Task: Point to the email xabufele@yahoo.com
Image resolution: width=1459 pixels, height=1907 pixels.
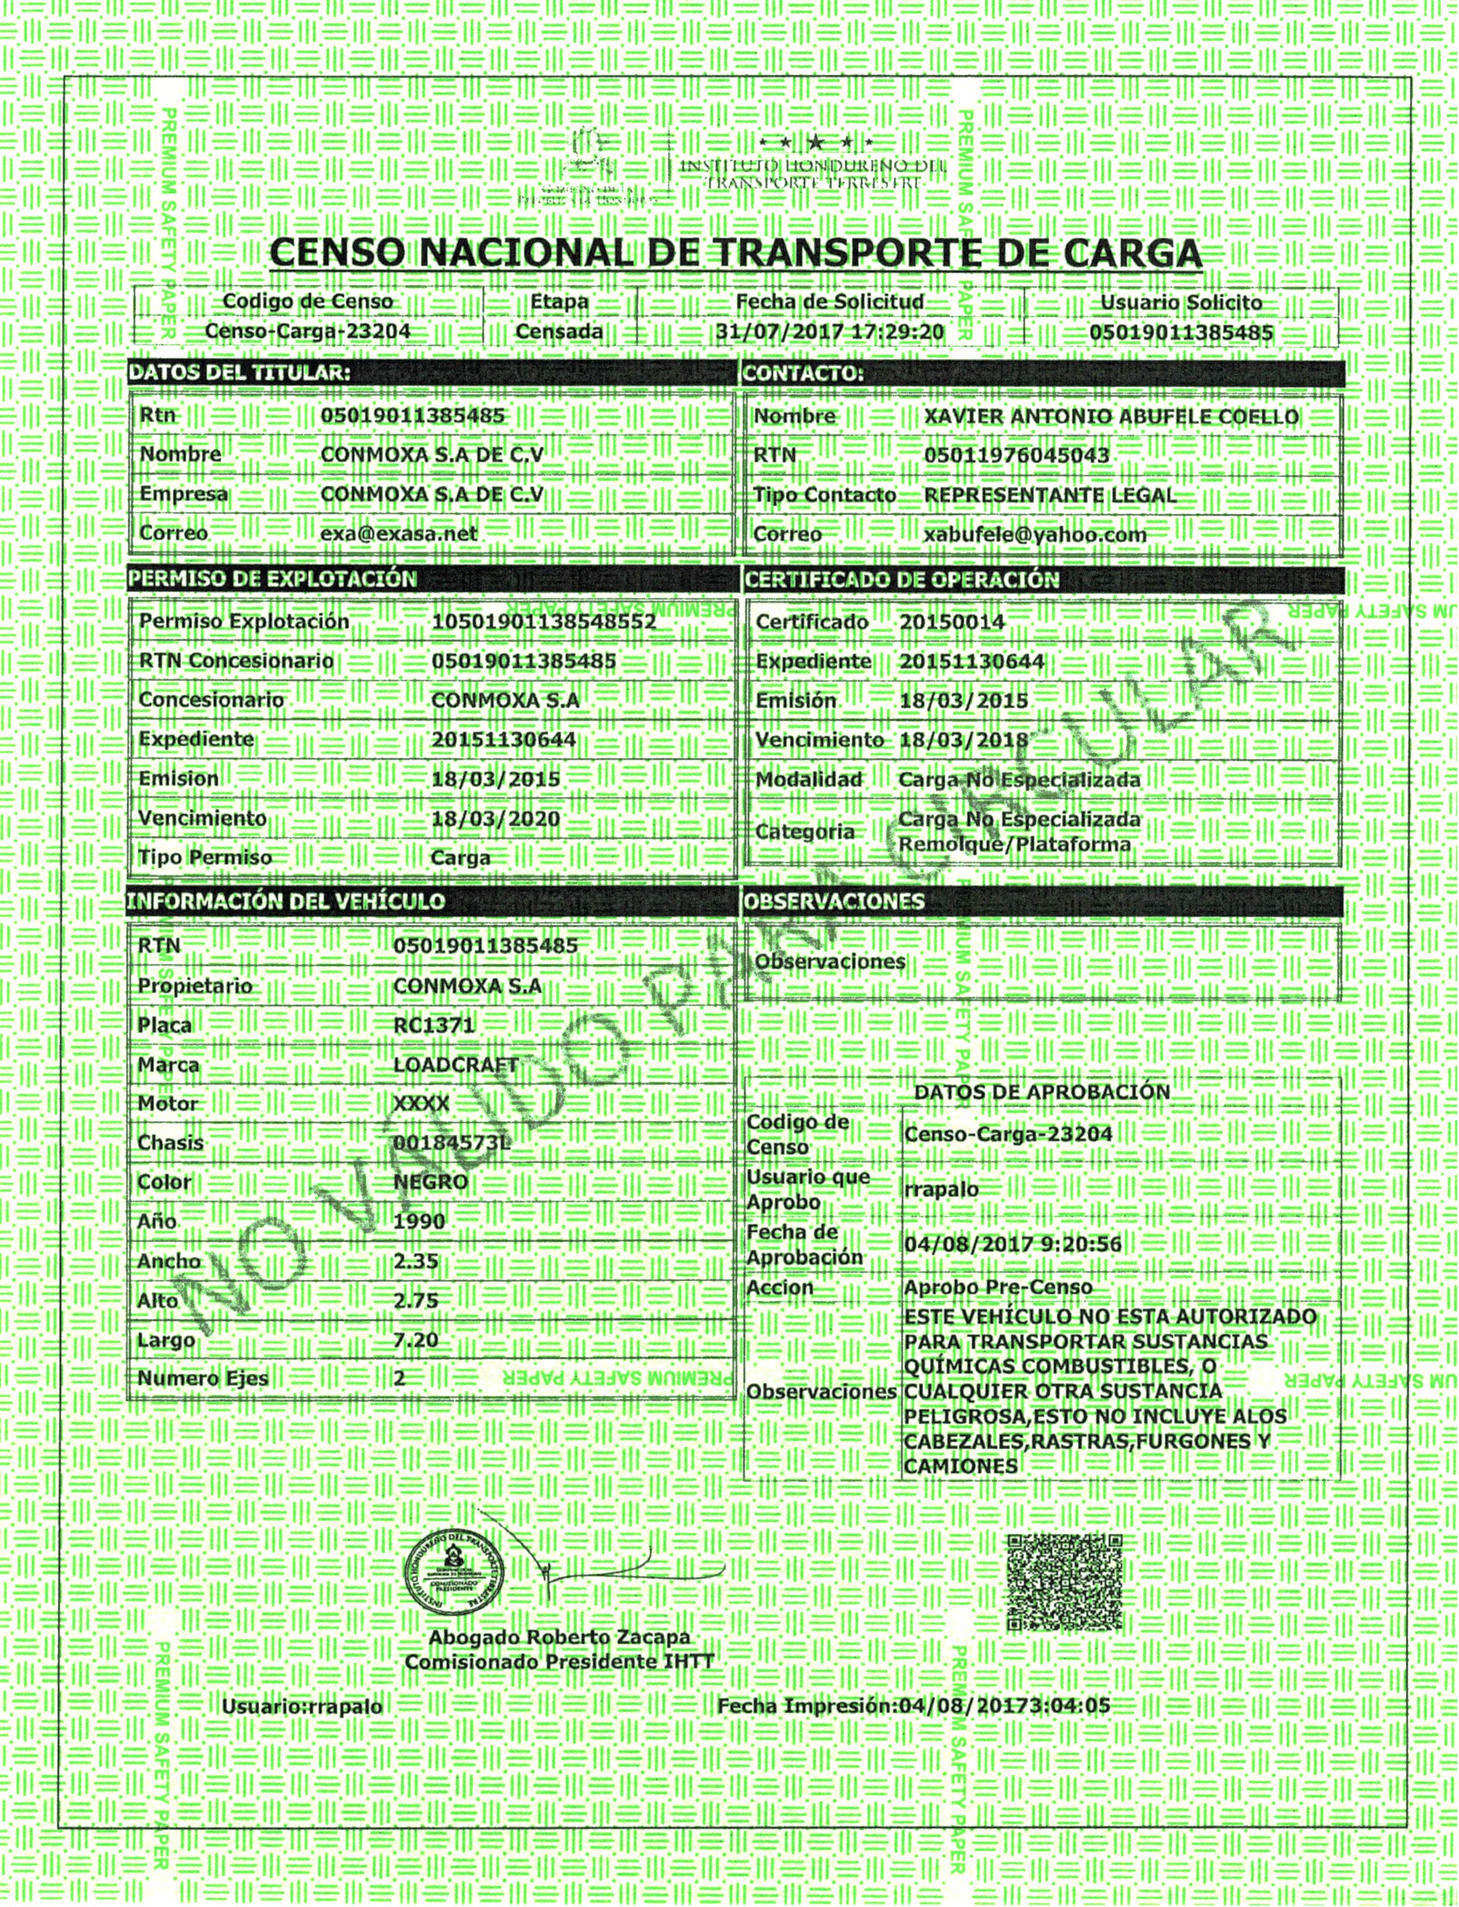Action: coord(1035,534)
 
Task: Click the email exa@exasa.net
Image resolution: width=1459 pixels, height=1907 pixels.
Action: coord(399,533)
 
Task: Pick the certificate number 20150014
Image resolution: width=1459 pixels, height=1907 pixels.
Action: coord(952,622)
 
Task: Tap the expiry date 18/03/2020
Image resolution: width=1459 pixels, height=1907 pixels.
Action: coord(495,818)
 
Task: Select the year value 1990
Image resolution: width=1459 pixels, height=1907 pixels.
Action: coord(419,1221)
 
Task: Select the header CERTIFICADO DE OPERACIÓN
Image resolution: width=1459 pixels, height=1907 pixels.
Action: coord(901,579)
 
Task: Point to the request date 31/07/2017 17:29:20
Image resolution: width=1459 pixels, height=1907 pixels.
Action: coord(830,331)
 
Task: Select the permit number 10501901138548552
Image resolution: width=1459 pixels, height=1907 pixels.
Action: coord(543,622)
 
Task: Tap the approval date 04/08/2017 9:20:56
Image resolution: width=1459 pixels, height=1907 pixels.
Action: coord(1012,1244)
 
